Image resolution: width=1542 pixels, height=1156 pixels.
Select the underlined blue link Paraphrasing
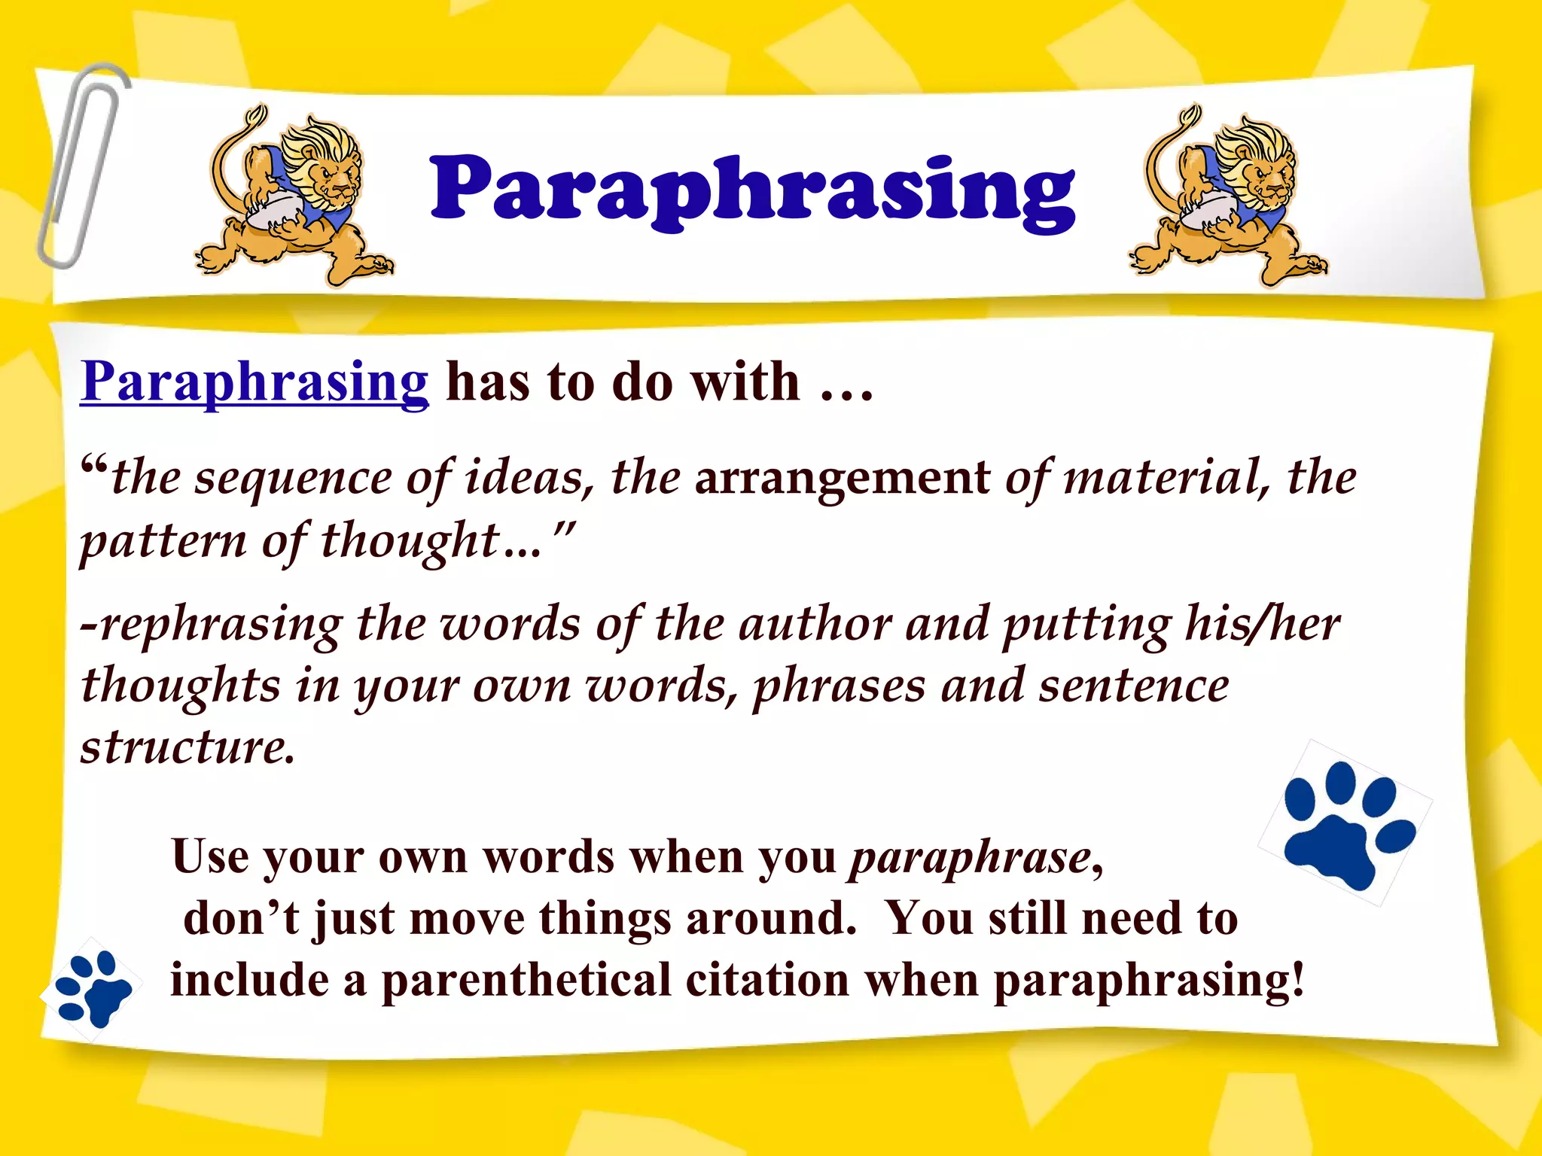[254, 382]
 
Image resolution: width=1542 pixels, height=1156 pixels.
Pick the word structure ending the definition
[187, 748]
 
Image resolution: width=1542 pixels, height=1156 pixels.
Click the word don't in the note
[241, 920]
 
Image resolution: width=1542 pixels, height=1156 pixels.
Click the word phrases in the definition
[839, 688]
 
